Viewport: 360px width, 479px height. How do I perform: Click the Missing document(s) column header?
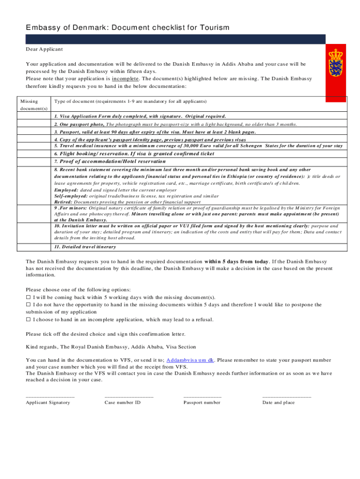(33, 105)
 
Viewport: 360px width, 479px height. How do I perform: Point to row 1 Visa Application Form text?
(140, 116)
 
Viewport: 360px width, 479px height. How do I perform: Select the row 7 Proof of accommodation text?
(111, 161)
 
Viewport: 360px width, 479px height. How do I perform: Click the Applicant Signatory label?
(48, 402)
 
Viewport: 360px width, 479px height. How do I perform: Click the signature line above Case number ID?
(129, 396)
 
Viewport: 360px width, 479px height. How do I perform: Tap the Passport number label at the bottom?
(202, 402)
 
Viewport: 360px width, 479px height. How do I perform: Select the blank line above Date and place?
(286, 396)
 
